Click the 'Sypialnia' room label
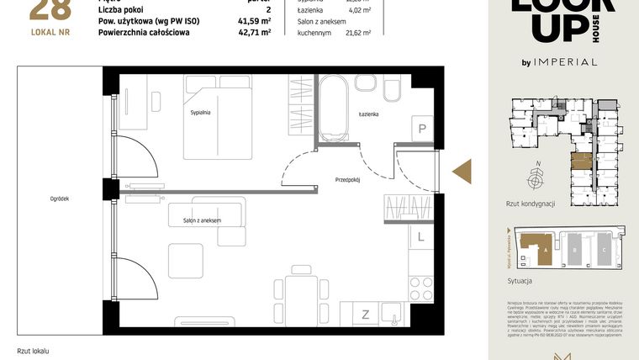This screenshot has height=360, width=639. (200, 112)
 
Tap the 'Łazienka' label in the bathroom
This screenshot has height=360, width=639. (368, 114)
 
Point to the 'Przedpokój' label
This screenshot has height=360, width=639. (346, 180)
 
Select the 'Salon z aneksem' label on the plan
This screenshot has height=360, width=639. (202, 220)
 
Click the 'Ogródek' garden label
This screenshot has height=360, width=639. (58, 199)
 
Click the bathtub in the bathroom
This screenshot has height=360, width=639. (330, 109)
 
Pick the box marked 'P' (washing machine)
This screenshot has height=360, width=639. (422, 129)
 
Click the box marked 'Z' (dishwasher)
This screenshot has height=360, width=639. (366, 315)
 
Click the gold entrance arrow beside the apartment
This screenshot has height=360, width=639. (462, 172)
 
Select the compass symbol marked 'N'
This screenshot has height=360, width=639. (534, 178)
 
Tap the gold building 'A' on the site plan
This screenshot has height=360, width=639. (535, 248)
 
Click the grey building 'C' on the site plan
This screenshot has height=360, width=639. (604, 250)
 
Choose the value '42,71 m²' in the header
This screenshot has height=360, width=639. (254, 33)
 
